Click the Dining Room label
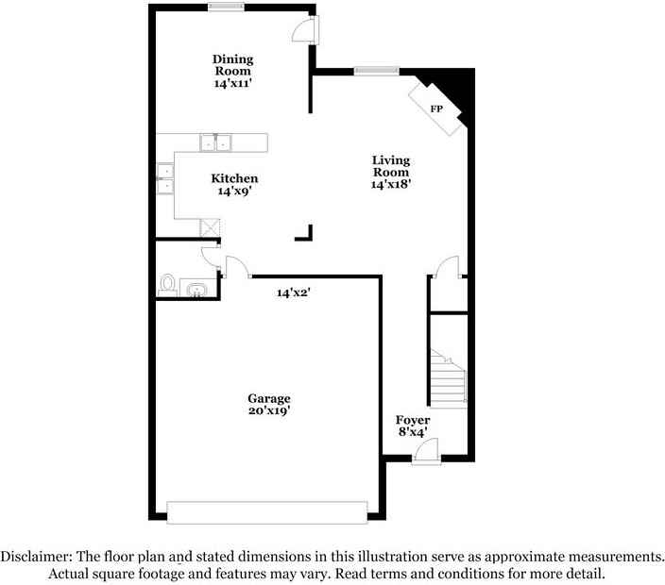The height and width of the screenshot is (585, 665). click(232, 65)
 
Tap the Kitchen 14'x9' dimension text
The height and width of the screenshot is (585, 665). click(234, 192)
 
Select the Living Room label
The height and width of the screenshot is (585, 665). click(390, 166)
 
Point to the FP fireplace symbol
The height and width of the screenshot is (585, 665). click(435, 109)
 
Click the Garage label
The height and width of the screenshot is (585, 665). click(269, 398)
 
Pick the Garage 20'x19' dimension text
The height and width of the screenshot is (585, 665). click(269, 410)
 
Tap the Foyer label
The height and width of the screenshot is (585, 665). click(413, 420)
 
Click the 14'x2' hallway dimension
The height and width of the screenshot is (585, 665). click(294, 293)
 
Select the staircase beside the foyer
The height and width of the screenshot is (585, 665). click(449, 377)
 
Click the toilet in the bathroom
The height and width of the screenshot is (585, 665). click(168, 284)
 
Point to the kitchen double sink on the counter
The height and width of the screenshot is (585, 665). click(216, 143)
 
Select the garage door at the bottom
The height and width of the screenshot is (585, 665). click(267, 511)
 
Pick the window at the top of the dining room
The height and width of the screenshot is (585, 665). click(227, 8)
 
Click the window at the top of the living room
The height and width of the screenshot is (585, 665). click(376, 69)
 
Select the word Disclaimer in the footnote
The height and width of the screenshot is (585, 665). click(37, 557)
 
